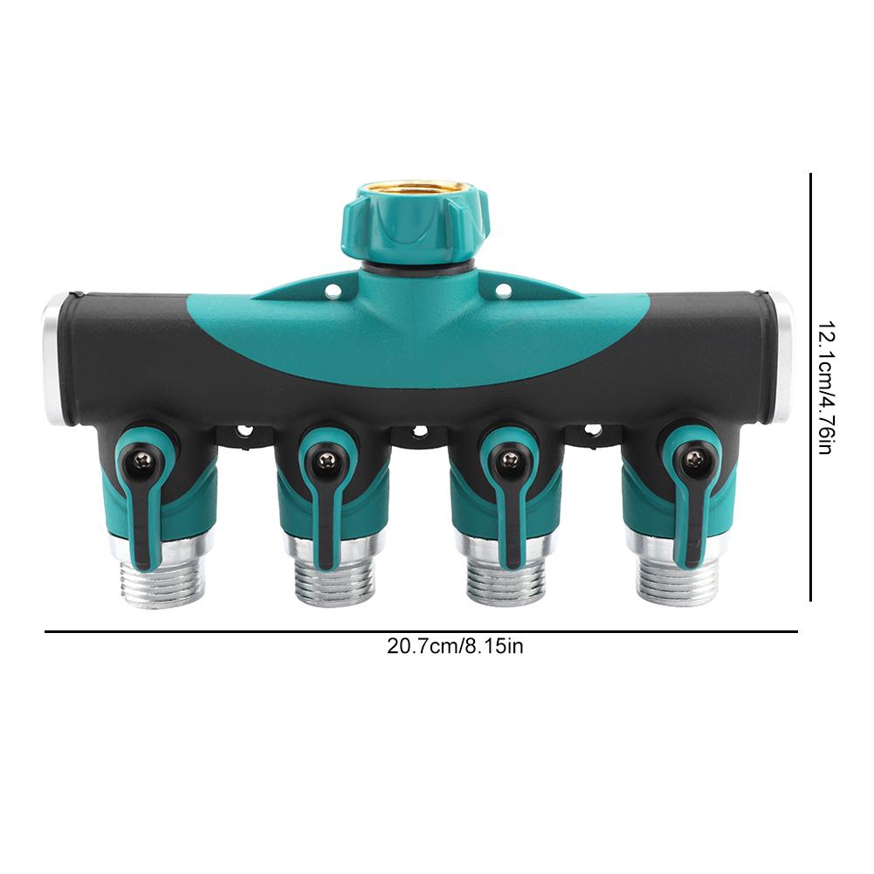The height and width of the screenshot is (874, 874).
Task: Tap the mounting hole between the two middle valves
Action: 418,431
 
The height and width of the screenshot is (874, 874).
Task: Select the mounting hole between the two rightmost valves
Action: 592,431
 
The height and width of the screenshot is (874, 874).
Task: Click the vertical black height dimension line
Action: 811,386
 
